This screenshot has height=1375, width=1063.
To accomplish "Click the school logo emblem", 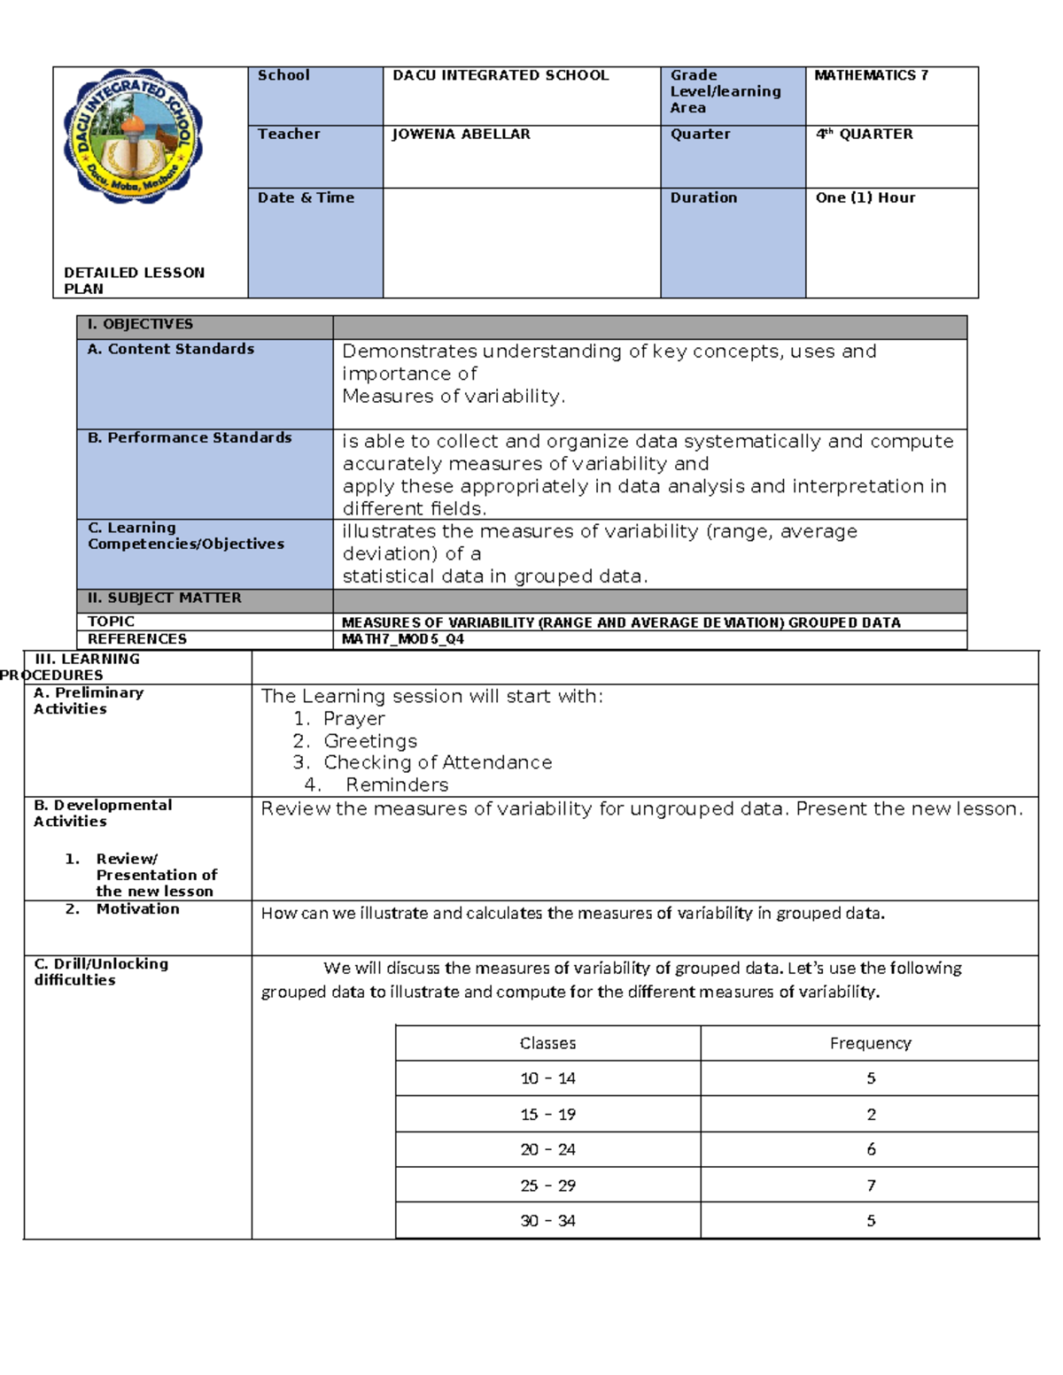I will [x=133, y=136].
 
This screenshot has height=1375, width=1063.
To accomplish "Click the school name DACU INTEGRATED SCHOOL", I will [x=500, y=75].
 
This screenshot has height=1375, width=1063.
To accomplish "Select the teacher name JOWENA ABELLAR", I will [x=461, y=134].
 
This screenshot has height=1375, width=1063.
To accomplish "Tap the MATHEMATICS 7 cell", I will [x=871, y=75].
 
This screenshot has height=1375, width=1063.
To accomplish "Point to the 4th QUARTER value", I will [x=864, y=134].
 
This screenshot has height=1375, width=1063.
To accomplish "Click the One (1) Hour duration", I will [x=865, y=197].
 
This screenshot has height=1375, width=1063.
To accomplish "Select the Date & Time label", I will [x=306, y=197].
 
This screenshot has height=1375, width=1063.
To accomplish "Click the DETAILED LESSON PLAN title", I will [x=133, y=280].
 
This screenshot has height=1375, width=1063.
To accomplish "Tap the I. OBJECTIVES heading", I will [x=140, y=324].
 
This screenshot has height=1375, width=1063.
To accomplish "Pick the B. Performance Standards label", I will [x=190, y=437].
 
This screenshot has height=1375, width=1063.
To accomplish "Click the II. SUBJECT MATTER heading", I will [x=164, y=598].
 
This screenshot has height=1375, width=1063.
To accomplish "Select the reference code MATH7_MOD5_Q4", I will [x=402, y=639].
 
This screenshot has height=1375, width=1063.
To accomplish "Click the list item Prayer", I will [x=353, y=719].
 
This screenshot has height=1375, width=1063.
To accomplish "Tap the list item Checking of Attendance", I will [x=437, y=762].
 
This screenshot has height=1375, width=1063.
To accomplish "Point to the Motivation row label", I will [x=137, y=909].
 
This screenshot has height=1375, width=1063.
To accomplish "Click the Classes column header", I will [x=547, y=1043].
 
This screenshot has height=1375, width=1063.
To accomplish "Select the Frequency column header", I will [x=870, y=1043].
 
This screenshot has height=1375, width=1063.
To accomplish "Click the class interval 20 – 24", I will [x=547, y=1149].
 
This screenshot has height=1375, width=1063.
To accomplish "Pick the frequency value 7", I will [x=871, y=1185].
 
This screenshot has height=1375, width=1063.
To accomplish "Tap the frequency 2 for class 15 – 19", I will [x=871, y=1114].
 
